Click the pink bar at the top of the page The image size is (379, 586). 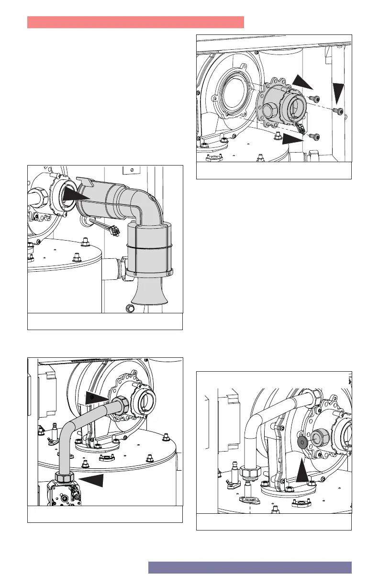(x=135, y=22)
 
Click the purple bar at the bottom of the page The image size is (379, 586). (x=250, y=567)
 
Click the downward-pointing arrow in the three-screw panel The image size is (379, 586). (x=339, y=91)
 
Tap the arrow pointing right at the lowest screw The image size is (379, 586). (x=292, y=139)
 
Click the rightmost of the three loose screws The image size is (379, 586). (x=339, y=111)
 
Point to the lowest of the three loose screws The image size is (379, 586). (x=314, y=137)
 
